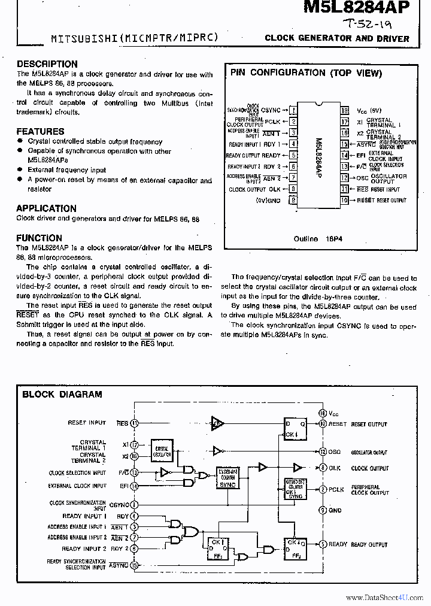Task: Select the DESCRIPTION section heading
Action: tap(47, 64)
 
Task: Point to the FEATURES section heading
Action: tap(40, 131)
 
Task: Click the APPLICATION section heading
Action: tap(46, 208)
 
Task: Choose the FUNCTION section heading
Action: tap(40, 237)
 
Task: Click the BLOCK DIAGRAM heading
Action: tap(62, 394)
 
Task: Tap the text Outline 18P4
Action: tap(317, 238)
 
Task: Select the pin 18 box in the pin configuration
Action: tap(345, 110)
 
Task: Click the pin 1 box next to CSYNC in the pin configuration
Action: tap(293, 110)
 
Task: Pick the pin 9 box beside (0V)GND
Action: tap(293, 200)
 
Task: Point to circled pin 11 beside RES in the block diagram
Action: tap(135, 423)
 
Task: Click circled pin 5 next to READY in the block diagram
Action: tap(323, 544)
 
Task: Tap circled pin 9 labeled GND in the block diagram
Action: tap(323, 510)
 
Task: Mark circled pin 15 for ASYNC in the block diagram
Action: tap(135, 565)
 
